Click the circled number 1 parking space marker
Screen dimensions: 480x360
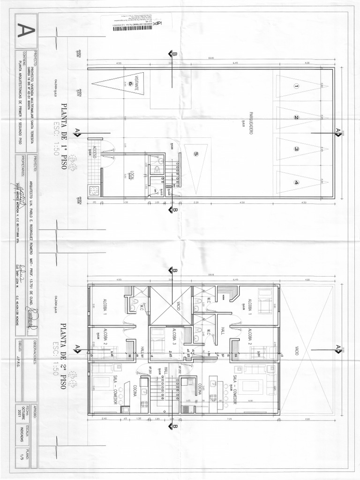pos(296,86)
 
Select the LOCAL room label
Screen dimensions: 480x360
pos(132,174)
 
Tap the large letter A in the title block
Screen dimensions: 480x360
pos(25,31)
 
